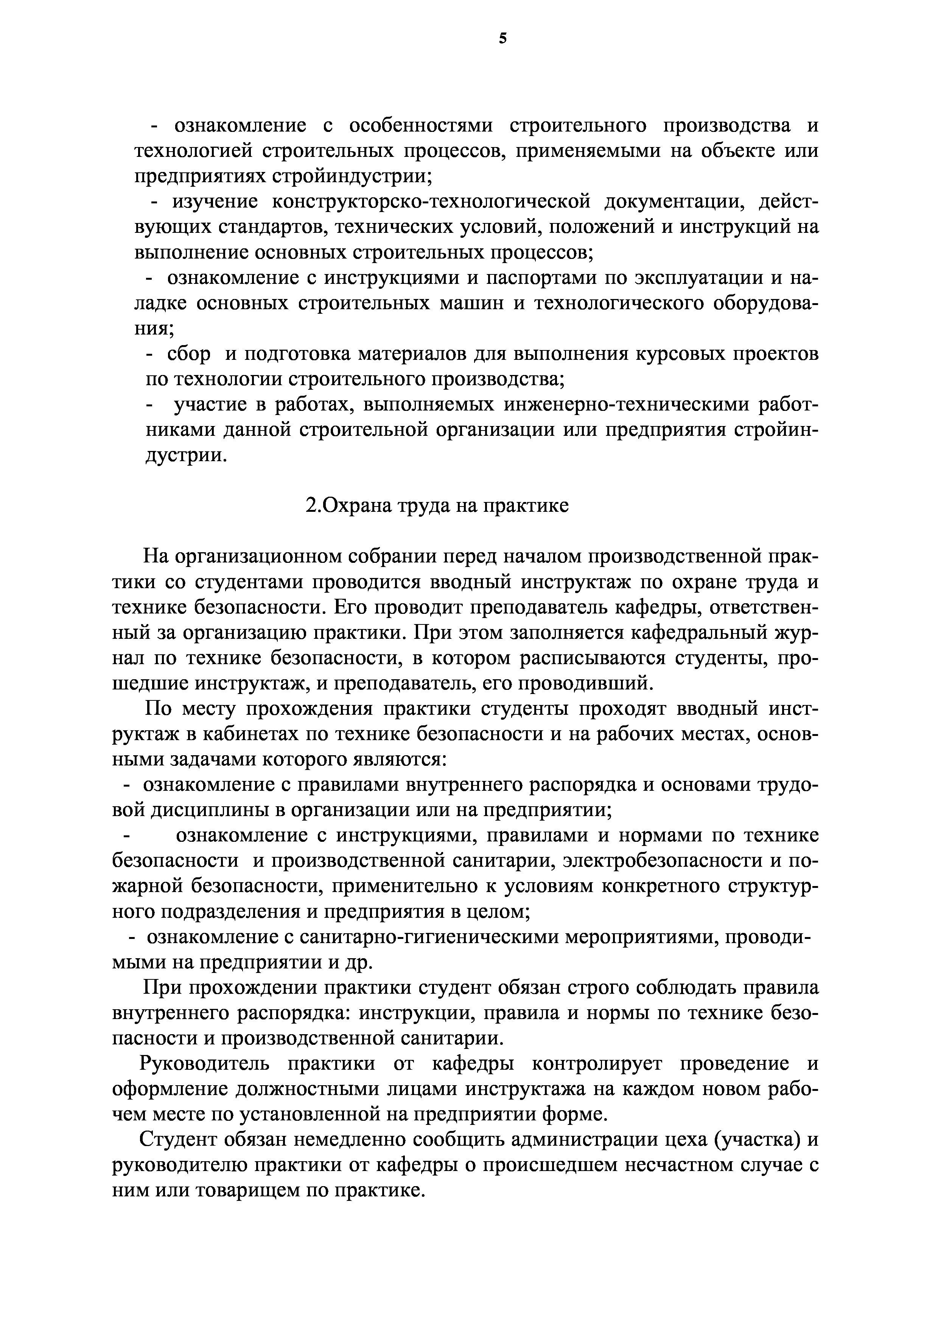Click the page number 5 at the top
click(502, 39)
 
